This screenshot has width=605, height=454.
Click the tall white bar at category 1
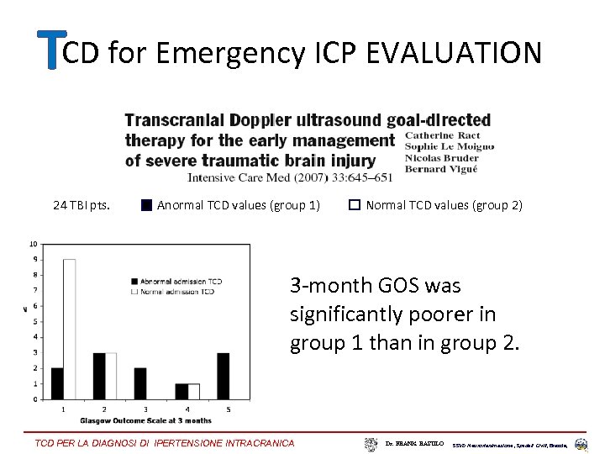69,329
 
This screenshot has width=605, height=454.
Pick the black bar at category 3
139,383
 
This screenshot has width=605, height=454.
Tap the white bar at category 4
193,391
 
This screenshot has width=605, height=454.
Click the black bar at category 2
99,376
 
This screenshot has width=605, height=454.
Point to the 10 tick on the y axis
33,244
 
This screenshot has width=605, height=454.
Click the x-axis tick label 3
145,409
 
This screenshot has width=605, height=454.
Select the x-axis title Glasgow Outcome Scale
145,420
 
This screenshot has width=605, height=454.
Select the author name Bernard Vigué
440,169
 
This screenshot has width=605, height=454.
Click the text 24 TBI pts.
81,204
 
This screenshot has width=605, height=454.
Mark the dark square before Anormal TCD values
146,204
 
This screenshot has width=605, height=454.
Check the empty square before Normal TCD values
355,204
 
